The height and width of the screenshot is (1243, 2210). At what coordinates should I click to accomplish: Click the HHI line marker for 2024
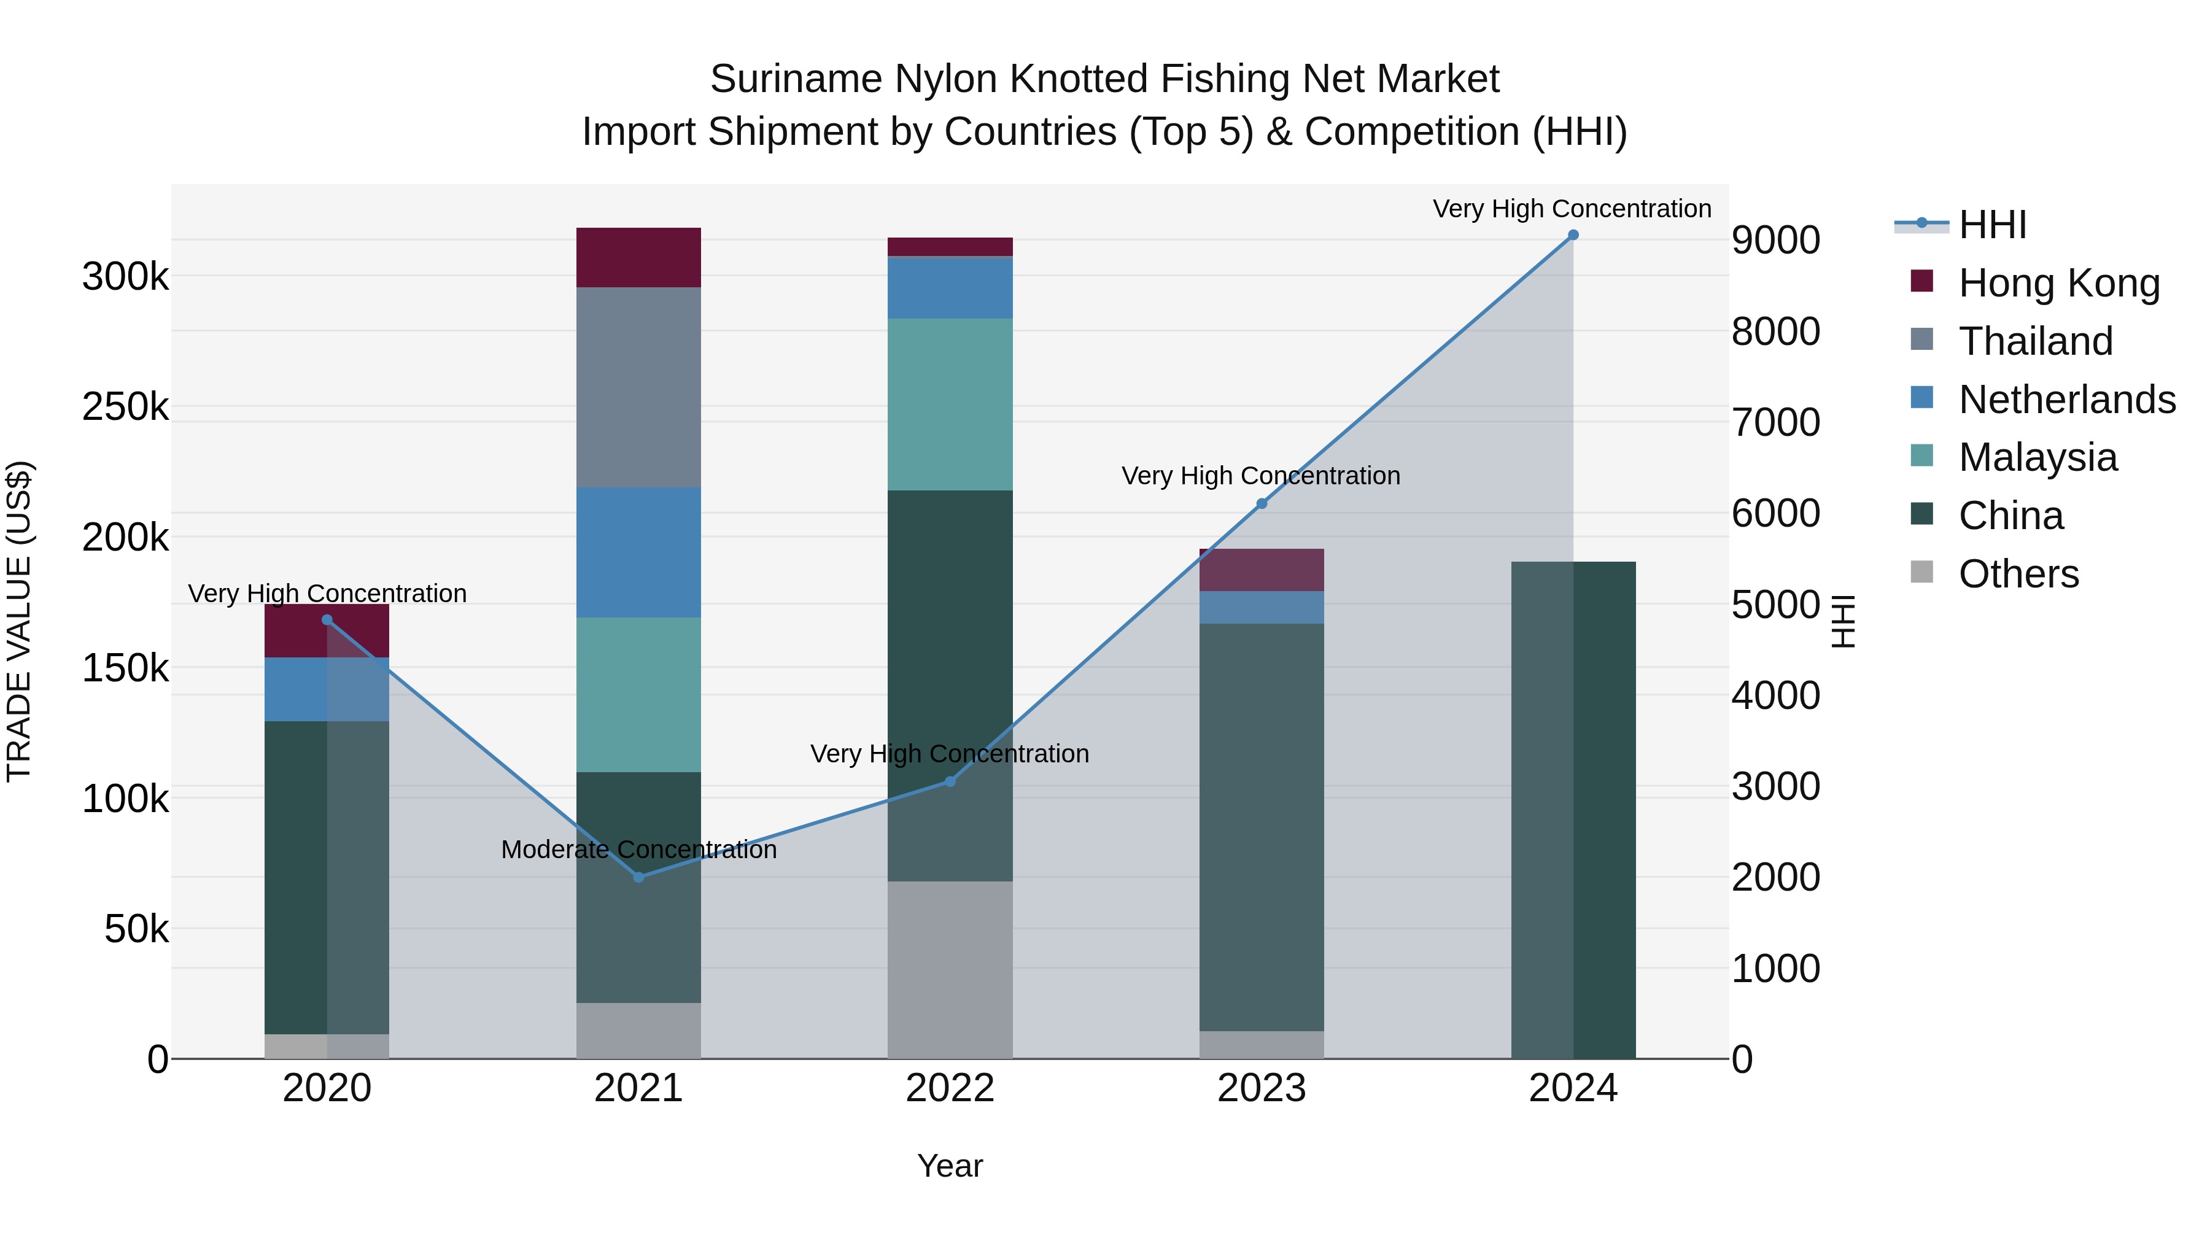[x=1573, y=235]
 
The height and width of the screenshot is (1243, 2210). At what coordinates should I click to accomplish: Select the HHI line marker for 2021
[x=638, y=877]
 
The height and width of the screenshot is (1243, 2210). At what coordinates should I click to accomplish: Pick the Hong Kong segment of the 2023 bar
[x=1261, y=570]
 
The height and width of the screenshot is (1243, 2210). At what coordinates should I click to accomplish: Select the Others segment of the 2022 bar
[x=950, y=969]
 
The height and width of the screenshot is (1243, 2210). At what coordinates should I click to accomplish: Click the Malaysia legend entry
[x=2037, y=457]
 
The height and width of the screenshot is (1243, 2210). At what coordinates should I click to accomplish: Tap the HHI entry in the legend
[x=1992, y=225]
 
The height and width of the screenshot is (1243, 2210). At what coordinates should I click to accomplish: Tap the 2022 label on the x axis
[x=950, y=1088]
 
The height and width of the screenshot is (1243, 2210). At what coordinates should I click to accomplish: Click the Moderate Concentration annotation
[x=638, y=850]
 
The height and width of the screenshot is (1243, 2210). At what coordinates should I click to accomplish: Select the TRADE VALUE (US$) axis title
[x=19, y=621]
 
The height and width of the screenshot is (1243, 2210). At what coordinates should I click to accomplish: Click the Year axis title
[x=950, y=1166]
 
